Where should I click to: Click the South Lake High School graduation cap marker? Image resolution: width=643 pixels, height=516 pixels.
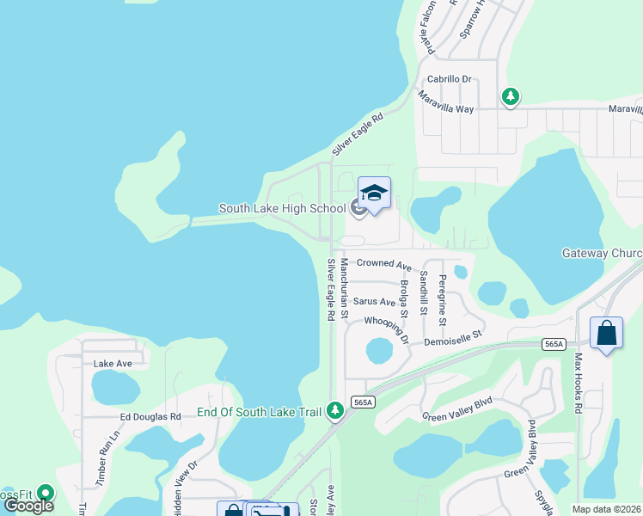click(x=374, y=193)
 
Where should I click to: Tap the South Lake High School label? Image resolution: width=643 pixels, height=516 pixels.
click(x=283, y=208)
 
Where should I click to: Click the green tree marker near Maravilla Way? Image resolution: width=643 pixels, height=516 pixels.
click(x=511, y=96)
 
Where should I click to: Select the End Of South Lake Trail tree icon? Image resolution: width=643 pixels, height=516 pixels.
click(x=335, y=412)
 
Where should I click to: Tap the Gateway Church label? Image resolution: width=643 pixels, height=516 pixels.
click(x=602, y=253)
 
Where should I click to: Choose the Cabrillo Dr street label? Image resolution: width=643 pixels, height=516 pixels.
click(x=450, y=79)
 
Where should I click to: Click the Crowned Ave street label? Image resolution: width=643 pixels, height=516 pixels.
click(x=384, y=263)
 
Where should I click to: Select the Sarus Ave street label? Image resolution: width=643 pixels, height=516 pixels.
click(x=375, y=302)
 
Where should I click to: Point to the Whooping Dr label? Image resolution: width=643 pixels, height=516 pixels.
click(x=387, y=328)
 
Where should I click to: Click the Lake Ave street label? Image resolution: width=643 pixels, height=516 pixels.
click(x=113, y=364)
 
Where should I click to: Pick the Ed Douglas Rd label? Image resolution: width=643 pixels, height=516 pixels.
click(x=150, y=416)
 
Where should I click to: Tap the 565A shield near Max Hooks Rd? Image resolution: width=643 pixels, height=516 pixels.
click(x=555, y=343)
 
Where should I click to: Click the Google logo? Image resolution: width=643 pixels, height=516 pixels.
click(x=28, y=506)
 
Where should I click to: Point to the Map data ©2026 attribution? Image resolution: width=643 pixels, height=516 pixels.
click(x=607, y=509)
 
